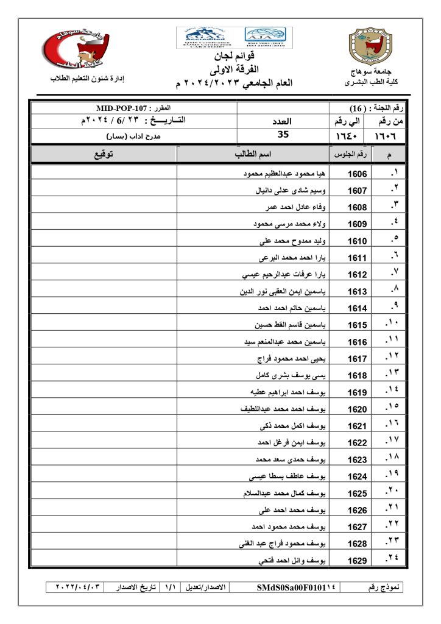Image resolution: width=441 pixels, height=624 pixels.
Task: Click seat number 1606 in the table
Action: tap(357, 174)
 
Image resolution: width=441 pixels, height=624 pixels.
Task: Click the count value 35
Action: tap(283, 135)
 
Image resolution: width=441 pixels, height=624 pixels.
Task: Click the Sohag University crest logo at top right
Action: tap(367, 46)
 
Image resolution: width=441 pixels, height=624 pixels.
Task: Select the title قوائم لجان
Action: tap(235, 57)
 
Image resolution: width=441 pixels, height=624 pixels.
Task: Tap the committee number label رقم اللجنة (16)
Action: tap(378, 108)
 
